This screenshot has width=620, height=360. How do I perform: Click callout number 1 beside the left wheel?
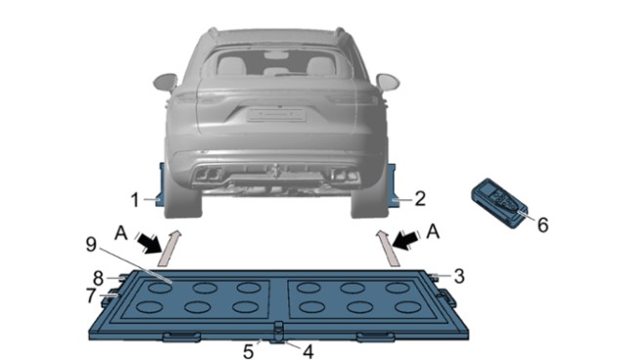tap(136, 200)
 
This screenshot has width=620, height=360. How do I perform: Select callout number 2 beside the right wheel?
tap(420, 198)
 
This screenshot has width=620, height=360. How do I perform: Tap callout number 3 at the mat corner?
tap(459, 276)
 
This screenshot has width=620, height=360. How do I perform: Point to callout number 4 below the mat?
tap(308, 351)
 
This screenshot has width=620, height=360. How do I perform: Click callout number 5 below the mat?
tap(248, 352)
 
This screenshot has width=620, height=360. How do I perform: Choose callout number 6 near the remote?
tap(543, 224)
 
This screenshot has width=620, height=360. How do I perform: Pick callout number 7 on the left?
tap(91, 296)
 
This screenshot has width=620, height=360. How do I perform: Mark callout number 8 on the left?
tap(98, 279)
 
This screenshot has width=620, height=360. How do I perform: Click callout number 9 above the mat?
tap(91, 245)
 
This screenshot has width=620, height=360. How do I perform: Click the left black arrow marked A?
tap(150, 242)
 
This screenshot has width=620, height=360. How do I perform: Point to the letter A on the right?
tap(433, 231)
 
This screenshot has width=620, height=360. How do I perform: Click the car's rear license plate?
tap(276, 115)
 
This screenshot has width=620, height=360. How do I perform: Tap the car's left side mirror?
tap(166, 82)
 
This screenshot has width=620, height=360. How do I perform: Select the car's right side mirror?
tap(388, 82)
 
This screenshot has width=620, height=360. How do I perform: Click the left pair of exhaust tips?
tap(208, 174)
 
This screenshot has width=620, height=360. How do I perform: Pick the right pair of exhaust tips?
tap(346, 174)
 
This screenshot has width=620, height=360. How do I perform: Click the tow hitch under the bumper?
tap(275, 171)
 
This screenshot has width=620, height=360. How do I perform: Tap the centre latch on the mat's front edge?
tap(279, 332)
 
